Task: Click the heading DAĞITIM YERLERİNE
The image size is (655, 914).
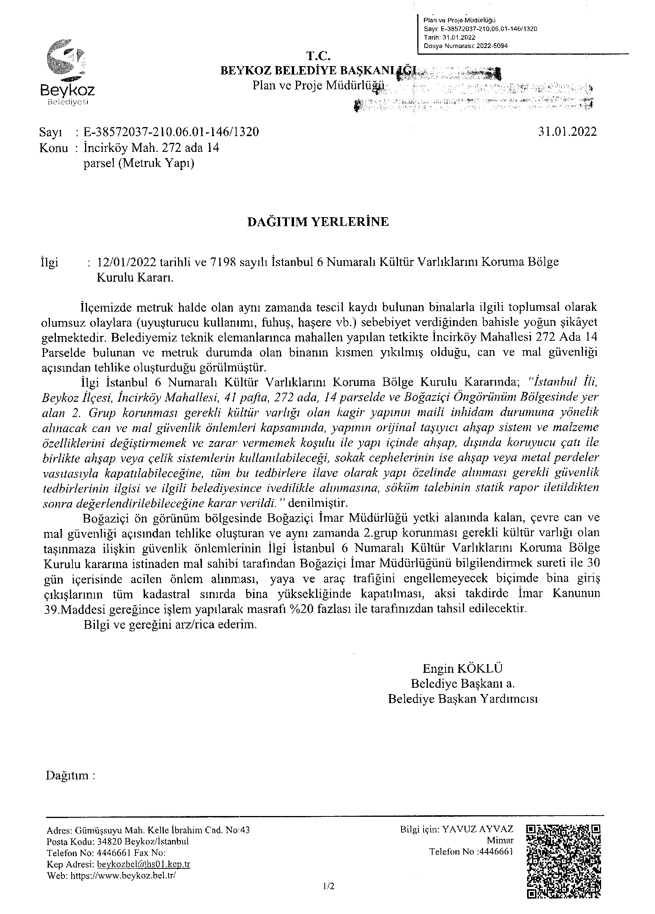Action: (x=318, y=222)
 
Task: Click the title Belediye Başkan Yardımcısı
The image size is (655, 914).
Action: (x=463, y=698)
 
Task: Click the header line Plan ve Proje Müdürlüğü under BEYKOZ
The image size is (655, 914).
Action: (x=317, y=85)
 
